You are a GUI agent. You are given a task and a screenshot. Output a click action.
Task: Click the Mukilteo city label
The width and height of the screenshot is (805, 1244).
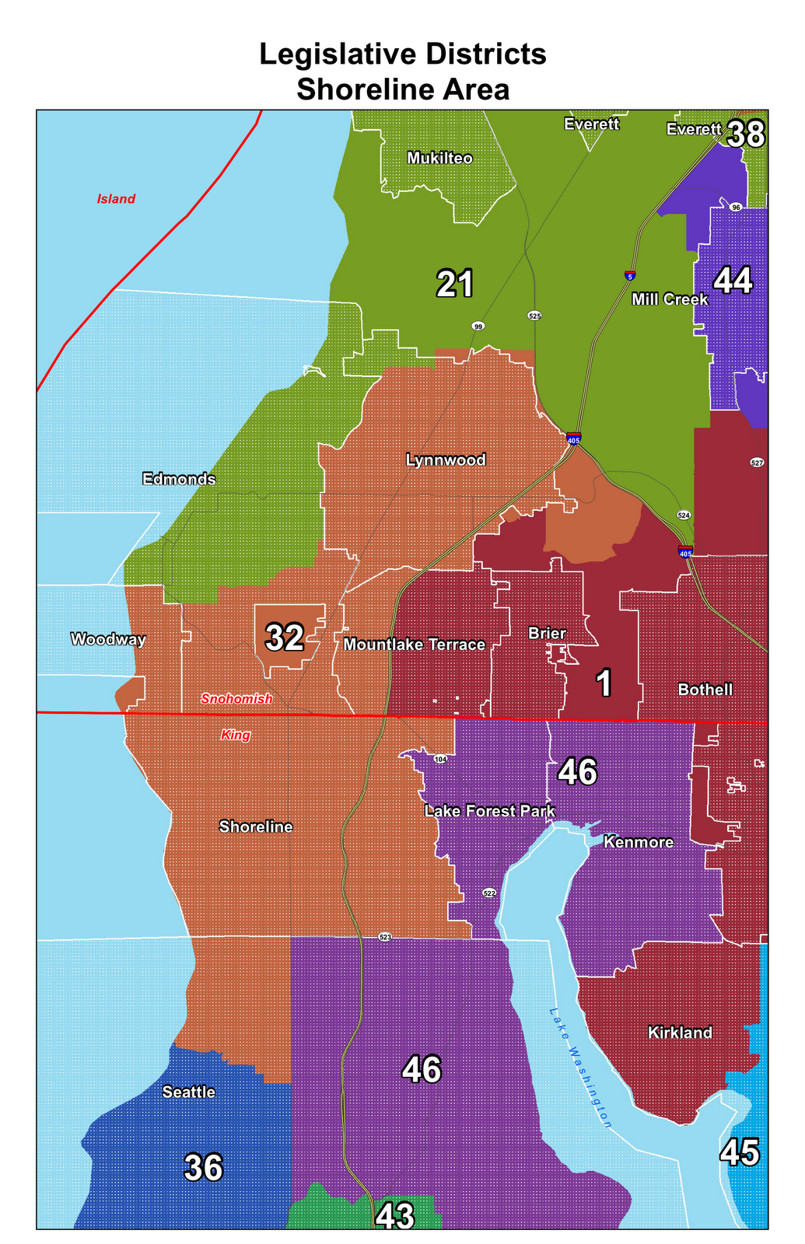[439, 159]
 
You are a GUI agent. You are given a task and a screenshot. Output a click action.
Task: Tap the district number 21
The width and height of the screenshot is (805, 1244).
[454, 285]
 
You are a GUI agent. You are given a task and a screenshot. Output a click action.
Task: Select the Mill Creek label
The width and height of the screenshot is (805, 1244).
[670, 299]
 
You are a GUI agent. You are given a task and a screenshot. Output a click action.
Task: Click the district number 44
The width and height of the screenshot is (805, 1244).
[733, 281]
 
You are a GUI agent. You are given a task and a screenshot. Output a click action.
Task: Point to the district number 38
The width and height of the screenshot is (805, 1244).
[746, 135]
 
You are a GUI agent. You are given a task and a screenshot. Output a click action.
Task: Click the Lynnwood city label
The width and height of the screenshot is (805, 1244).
[446, 460]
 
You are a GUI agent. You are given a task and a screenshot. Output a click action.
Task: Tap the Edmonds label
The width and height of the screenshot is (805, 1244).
[179, 479]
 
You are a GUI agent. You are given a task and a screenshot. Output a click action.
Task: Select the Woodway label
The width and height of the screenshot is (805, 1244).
[108, 640]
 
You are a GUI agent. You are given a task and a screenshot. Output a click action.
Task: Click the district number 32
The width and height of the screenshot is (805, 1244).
[285, 638]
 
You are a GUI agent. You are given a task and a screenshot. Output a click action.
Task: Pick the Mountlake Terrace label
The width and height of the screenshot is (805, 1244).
[414, 645]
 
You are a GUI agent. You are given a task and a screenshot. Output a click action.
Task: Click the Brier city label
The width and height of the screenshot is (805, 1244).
[547, 634]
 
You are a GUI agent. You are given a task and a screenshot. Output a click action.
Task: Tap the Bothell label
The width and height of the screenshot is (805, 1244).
[705, 690]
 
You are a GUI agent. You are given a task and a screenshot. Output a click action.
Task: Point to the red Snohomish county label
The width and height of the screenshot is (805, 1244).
[236, 699]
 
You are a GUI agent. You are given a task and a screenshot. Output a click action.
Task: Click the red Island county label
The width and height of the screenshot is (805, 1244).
[116, 199]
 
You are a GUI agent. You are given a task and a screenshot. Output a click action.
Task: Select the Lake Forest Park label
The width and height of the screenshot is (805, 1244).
[489, 812]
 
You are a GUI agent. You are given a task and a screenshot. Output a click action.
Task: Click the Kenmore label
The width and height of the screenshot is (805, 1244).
[638, 842]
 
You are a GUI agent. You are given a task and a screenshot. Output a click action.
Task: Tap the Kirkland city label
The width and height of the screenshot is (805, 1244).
[680, 1033]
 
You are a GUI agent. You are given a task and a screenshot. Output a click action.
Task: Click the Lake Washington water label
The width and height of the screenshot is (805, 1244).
[580, 1068]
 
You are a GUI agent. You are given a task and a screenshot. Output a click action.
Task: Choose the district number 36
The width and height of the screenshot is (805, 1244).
[204, 1168]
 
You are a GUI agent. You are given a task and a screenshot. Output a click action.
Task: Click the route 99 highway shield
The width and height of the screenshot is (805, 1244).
[478, 326]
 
